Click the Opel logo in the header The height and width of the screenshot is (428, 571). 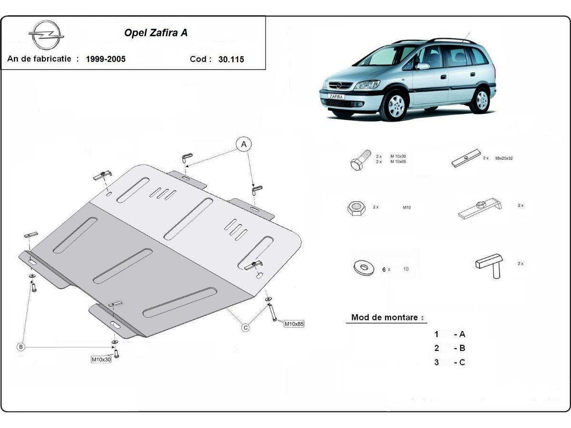click(x=46, y=35)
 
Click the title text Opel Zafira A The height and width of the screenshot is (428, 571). click(x=156, y=33)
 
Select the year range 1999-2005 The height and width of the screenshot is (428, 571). click(x=106, y=59)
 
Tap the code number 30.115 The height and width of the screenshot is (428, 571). click(x=231, y=59)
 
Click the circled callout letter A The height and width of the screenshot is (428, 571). click(x=244, y=144)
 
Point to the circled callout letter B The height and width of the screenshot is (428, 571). click(x=21, y=347)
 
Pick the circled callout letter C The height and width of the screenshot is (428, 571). click(x=246, y=327)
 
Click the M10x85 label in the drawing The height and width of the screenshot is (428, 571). click(x=294, y=324)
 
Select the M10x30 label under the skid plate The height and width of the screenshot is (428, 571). click(x=101, y=360)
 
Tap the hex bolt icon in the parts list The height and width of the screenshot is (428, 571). click(x=360, y=160)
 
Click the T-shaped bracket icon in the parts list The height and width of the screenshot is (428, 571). click(x=489, y=265)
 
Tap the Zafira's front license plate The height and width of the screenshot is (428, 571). click(x=335, y=96)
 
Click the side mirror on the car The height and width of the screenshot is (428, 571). click(x=422, y=66)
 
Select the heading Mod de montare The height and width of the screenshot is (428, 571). click(x=384, y=317)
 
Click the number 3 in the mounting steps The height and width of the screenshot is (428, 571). click(x=436, y=362)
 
